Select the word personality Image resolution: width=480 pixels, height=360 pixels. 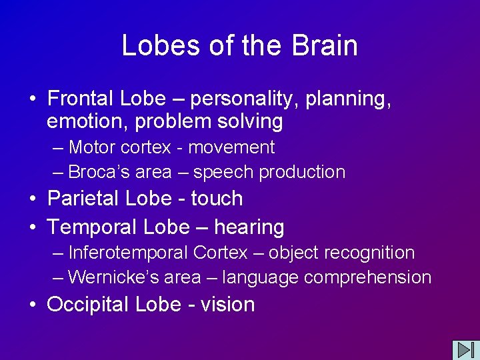point(245,99)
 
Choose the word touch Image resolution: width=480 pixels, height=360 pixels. point(217,199)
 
